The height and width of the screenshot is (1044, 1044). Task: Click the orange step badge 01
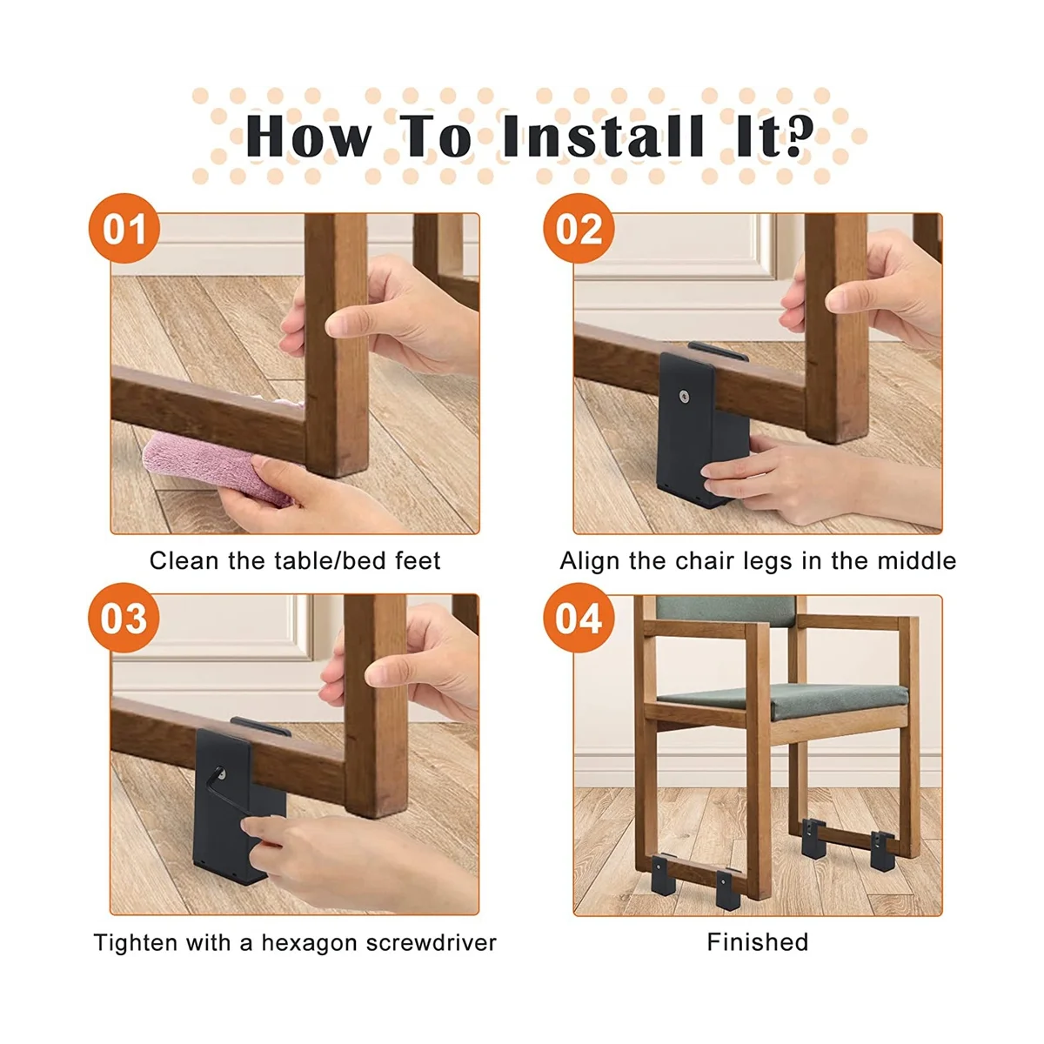pyautogui.click(x=124, y=228)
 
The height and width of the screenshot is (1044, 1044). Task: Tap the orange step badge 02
pyautogui.click(x=579, y=228)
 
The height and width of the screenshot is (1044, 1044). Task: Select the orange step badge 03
pyautogui.click(x=124, y=618)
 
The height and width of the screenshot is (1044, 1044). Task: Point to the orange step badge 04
pyautogui.click(x=579, y=618)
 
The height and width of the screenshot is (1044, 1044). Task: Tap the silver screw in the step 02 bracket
pyautogui.click(x=685, y=397)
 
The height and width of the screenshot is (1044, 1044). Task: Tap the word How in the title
pyautogui.click(x=308, y=136)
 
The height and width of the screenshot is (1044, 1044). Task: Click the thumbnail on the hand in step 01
pyautogui.click(x=337, y=327)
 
